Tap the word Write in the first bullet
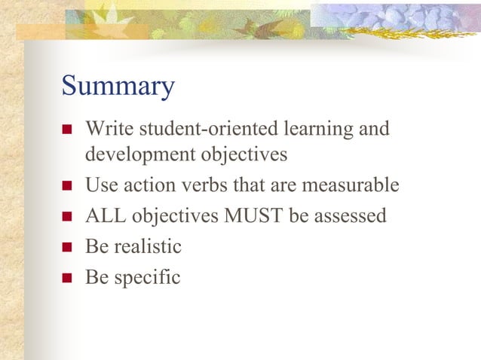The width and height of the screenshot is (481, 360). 103,129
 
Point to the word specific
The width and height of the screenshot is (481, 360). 146,277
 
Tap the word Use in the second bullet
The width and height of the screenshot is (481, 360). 98,185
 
